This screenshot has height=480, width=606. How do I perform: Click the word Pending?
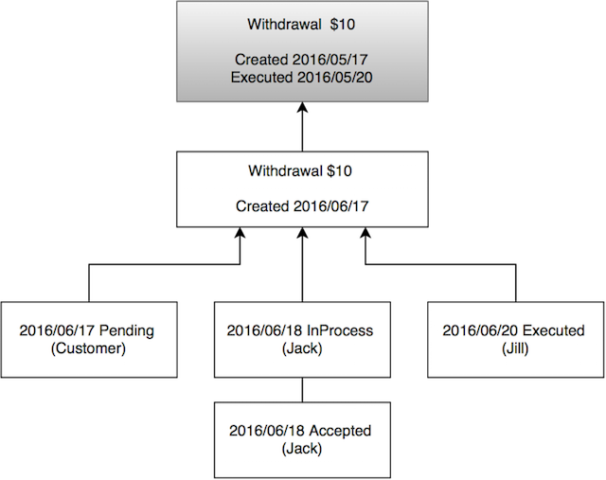[126, 331]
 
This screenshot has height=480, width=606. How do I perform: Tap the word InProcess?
[338, 331]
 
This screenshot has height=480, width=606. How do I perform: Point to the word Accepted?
[338, 432]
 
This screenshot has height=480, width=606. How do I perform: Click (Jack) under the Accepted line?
[300, 448]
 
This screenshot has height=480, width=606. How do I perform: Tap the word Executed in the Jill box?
[550, 331]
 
